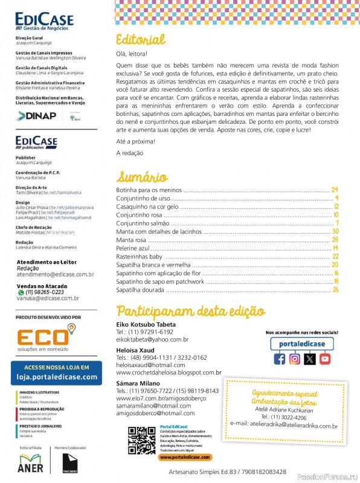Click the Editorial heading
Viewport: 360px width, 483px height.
coord(140,40)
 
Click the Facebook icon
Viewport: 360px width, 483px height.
coord(279,359)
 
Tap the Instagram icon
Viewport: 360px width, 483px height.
coord(294,359)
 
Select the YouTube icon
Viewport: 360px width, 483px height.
coord(325,359)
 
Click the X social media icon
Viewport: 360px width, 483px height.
coord(310,359)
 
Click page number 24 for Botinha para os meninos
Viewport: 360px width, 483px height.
coord(334,190)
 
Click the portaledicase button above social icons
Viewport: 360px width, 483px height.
coord(302,343)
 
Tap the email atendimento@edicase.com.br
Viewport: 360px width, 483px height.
coord(55,274)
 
